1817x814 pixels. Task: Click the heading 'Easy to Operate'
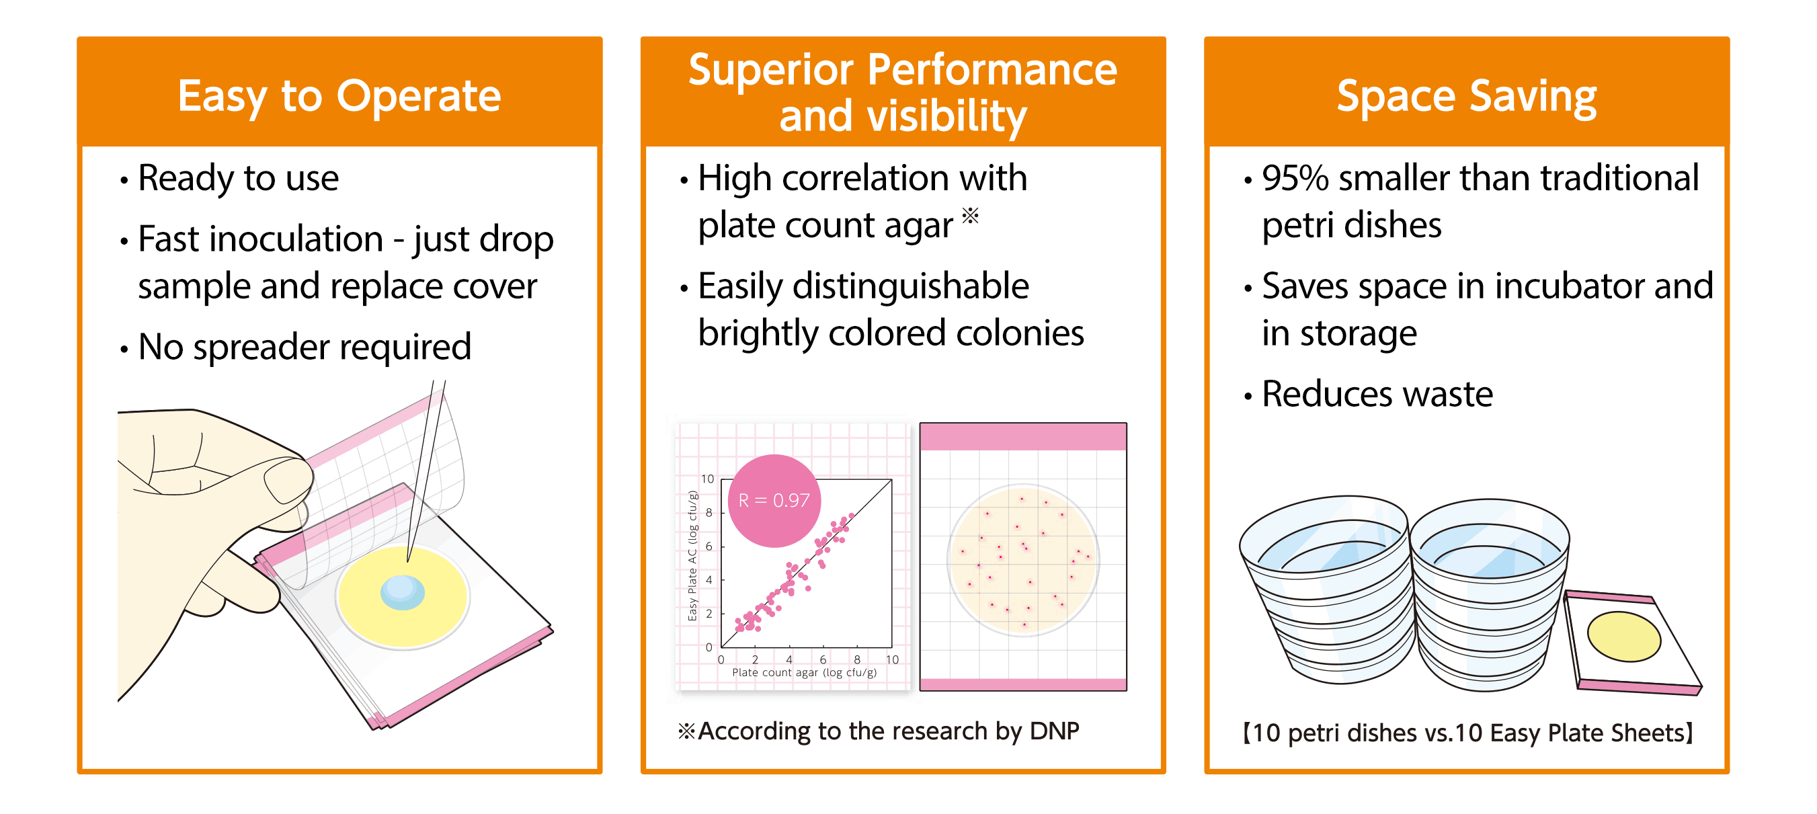pos(339,96)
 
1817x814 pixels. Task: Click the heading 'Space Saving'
pos(1466,97)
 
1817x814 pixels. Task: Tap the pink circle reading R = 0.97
pos(774,500)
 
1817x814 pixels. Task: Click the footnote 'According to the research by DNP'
pos(887,731)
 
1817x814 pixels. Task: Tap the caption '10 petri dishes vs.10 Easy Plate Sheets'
pos(1467,733)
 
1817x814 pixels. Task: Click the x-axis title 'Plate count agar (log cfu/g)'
pos(804,672)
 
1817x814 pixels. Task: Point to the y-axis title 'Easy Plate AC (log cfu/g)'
pos(692,556)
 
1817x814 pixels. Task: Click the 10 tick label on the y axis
pos(707,479)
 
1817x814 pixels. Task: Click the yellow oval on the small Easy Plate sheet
pos(1623,637)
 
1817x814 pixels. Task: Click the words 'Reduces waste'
pos(1377,394)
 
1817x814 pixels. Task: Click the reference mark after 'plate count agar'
pos(971,214)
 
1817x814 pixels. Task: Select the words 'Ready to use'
pos(239,178)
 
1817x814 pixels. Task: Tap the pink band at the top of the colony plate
pos(1022,437)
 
